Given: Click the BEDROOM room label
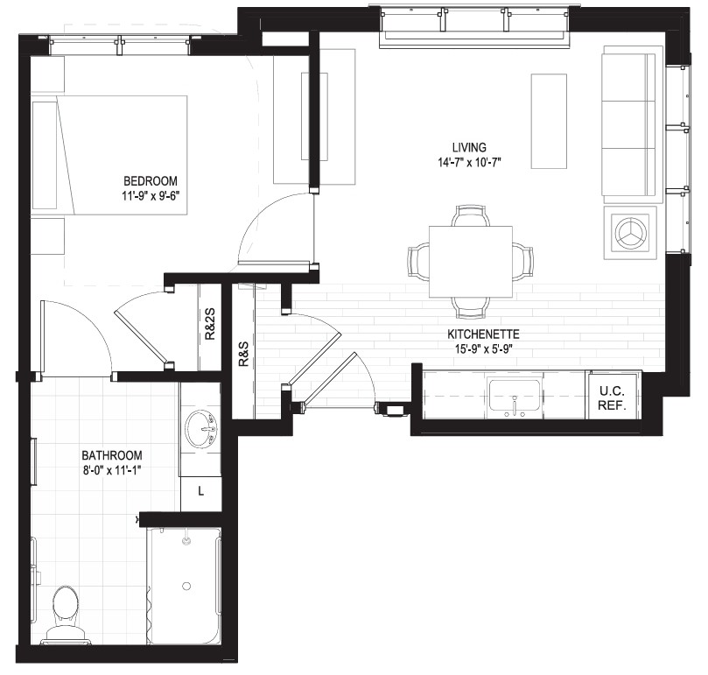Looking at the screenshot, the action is coord(151,181).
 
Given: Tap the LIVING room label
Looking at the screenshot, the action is coord(470,147).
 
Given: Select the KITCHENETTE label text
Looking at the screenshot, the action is coord(483,334).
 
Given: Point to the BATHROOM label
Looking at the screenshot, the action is coord(111,455).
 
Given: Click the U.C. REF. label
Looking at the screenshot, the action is coord(613,398).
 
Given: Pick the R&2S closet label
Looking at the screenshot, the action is coord(210,324).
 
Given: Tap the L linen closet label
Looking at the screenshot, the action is coord(201,490).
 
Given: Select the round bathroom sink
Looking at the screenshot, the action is coord(202,429).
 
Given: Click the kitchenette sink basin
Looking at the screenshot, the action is coord(515,395).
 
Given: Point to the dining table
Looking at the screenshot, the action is coord(471,262).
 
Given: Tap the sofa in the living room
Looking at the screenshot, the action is coord(628,124).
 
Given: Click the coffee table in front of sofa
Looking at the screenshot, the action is coord(549,121).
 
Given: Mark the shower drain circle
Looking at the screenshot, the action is coord(186,586).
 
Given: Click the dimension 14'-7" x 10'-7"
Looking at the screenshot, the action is coord(470,162).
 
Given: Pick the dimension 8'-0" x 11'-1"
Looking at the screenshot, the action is coord(112,470).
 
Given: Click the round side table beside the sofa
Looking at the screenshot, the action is coord(630,233).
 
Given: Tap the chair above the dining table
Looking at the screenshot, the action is coord(471,216).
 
